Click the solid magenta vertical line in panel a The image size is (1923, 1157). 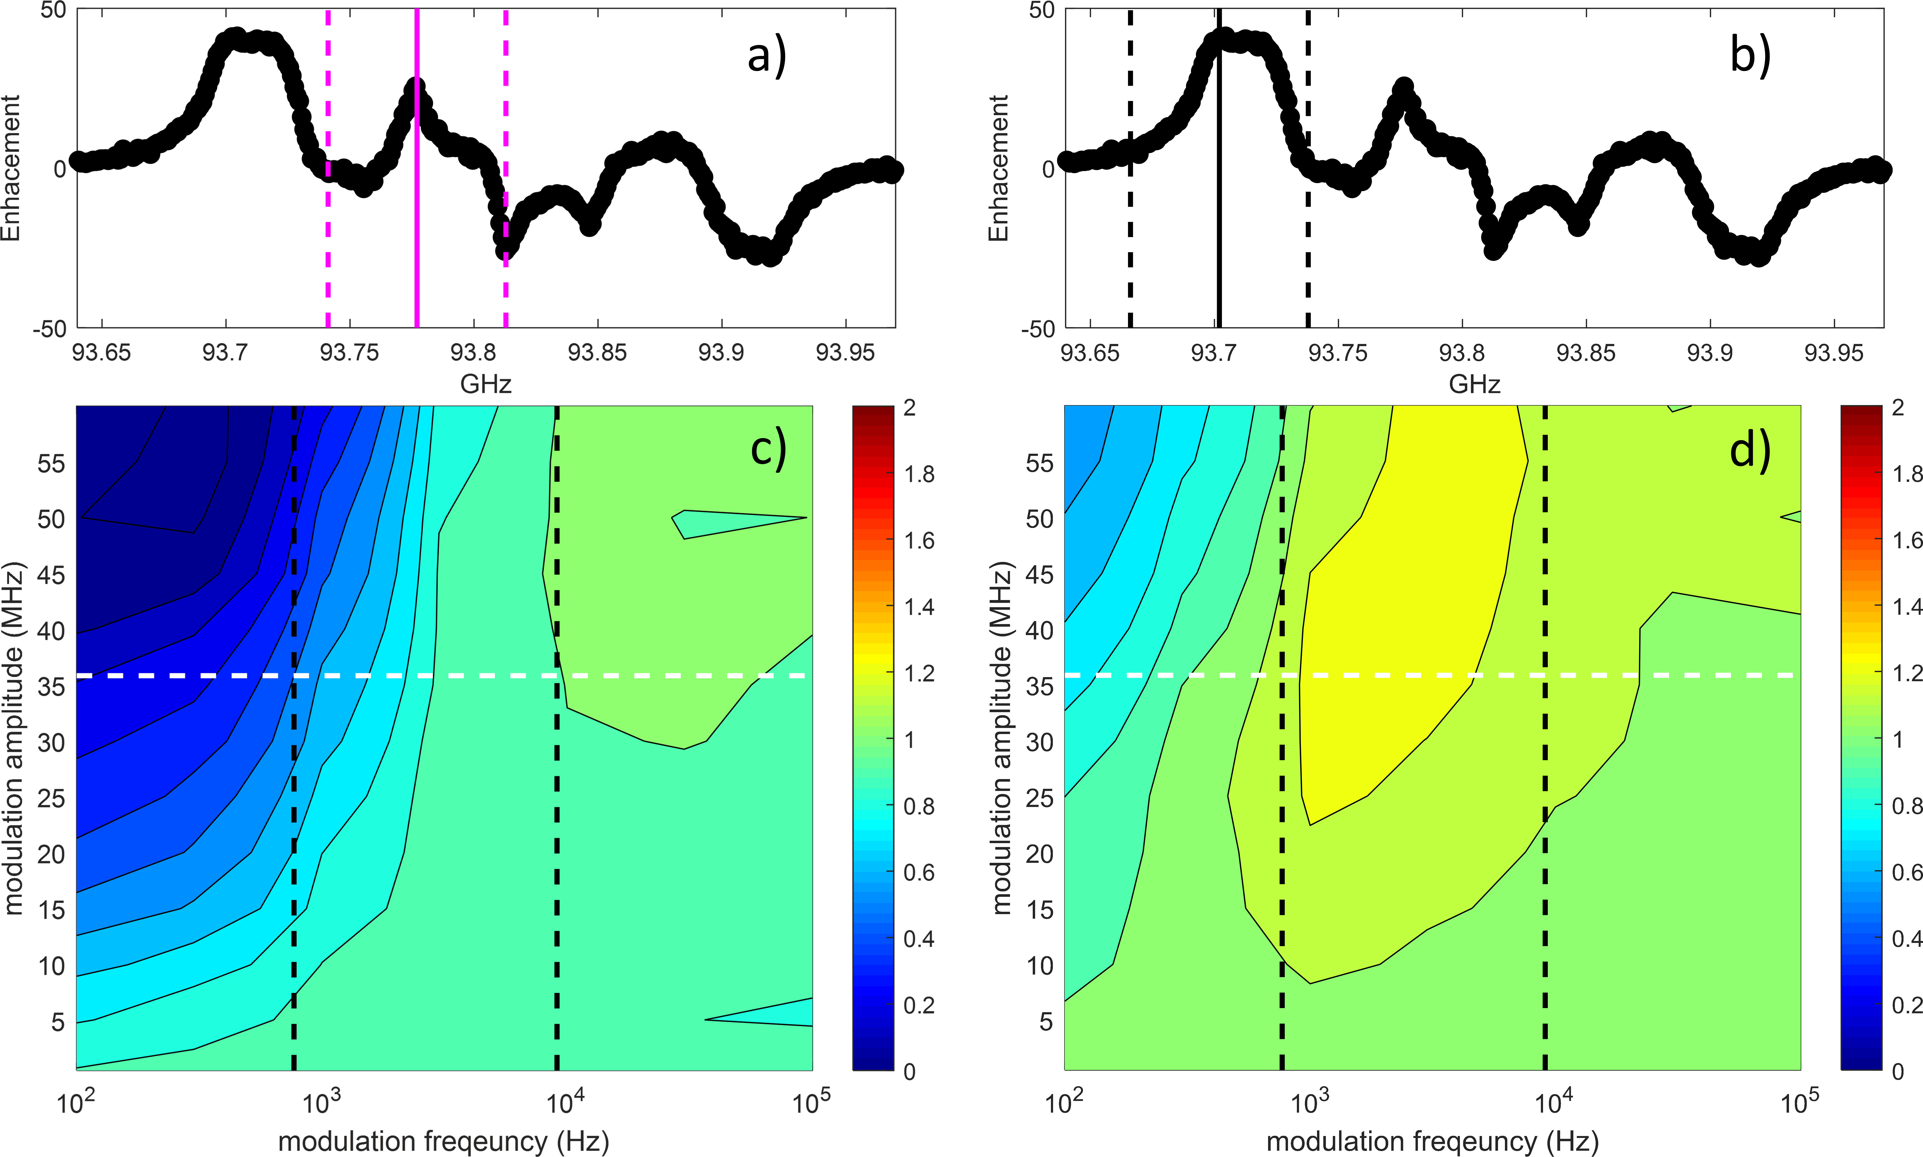coord(417,234)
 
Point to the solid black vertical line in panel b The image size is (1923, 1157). coord(1219,234)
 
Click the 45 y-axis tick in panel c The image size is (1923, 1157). coord(52,575)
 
